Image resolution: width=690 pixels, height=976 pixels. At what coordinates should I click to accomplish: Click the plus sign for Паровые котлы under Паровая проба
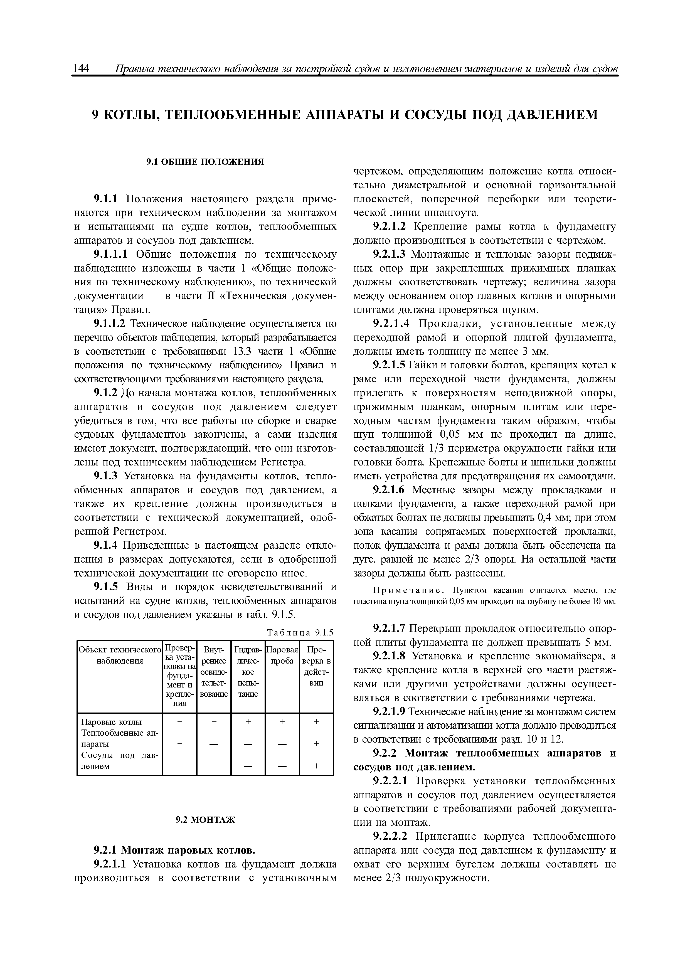[282, 722]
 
